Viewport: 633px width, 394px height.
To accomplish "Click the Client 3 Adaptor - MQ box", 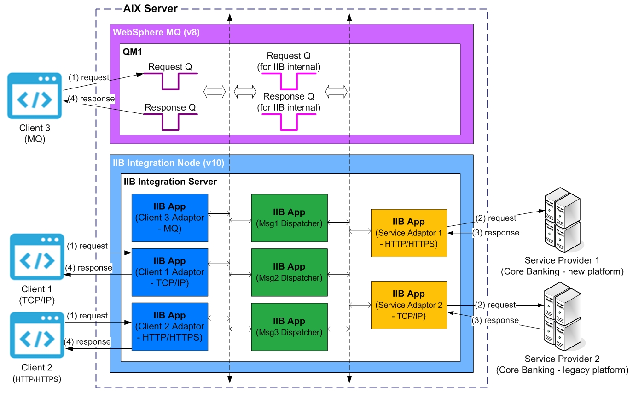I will [x=169, y=218].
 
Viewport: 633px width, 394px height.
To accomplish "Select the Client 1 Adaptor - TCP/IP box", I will [x=169, y=272].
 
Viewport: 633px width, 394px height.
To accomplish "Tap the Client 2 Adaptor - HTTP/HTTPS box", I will [x=169, y=326].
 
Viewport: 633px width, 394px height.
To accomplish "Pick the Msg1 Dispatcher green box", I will [x=289, y=218].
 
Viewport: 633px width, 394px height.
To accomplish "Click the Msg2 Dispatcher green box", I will [x=289, y=272].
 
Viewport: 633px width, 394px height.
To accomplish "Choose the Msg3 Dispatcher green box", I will [x=289, y=326].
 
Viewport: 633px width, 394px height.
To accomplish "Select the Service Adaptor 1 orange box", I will [x=409, y=233].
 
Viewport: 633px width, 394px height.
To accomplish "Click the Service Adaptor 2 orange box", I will [x=409, y=305].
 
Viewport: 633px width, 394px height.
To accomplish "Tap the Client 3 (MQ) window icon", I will [x=35, y=95].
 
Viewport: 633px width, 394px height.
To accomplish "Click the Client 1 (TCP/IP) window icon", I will [x=37, y=257].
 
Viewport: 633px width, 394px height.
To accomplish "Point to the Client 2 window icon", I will [x=37, y=335].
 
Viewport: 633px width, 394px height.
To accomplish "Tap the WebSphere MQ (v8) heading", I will [x=157, y=33].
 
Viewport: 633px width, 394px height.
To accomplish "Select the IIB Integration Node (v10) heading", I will [x=168, y=163].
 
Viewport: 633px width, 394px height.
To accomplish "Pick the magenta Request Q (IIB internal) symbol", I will [x=289, y=81].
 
